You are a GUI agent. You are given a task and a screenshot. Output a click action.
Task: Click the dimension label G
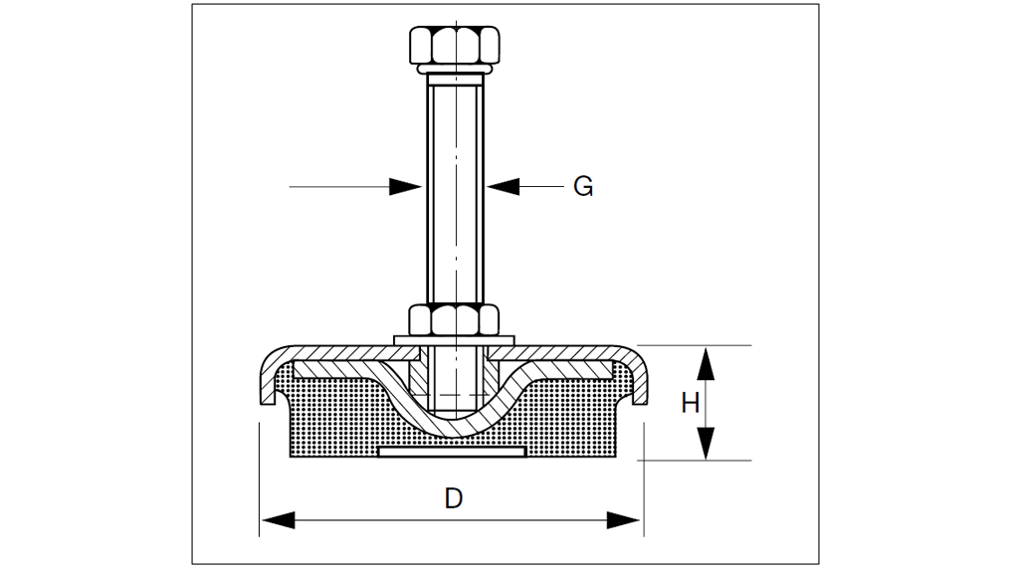[583, 186]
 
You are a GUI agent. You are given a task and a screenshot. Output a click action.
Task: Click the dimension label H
[691, 403]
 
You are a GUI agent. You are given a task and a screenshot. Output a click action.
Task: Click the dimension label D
[454, 497]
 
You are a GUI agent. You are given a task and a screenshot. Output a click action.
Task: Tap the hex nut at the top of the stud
[454, 45]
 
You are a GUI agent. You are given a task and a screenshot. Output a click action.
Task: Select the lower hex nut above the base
[454, 319]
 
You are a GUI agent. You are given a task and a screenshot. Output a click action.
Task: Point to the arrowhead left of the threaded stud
[406, 186]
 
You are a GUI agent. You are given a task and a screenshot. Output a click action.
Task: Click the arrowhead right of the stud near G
[504, 186]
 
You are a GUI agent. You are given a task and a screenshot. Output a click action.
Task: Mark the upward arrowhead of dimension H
[705, 363]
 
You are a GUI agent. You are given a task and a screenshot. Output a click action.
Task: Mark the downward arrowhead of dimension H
[705, 444]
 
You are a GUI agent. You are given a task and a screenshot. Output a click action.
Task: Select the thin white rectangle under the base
[453, 453]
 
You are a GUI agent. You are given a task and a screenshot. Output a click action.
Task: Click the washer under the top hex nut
[454, 71]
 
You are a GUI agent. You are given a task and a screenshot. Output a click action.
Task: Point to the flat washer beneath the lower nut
[454, 340]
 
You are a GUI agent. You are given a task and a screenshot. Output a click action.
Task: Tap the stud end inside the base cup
[454, 398]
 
